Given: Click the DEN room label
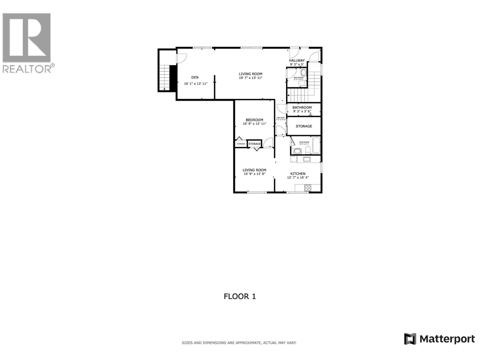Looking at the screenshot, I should (195, 77).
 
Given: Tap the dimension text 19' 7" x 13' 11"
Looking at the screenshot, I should (251, 78).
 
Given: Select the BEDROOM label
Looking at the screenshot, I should (254, 120).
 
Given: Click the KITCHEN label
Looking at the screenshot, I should (298, 174).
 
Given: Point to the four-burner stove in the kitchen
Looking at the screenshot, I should (308, 188).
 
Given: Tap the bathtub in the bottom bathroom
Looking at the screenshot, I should (316, 145).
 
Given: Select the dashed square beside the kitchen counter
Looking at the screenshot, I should (294, 159).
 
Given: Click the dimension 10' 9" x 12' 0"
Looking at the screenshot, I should (254, 174).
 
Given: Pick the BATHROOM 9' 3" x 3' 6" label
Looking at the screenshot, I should (302, 109).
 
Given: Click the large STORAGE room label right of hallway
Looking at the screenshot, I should (304, 126).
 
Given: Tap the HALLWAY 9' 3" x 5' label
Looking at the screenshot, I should (297, 62).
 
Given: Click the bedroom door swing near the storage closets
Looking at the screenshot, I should (268, 142).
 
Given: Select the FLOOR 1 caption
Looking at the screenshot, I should (240, 296).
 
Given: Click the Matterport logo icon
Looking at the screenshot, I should (410, 339).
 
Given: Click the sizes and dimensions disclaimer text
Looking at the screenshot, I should (239, 343).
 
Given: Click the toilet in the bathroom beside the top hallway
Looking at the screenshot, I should (303, 72).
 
